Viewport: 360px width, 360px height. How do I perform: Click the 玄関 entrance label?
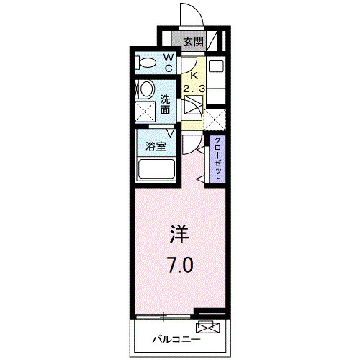(194, 42)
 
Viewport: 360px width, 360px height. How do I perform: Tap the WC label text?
(168, 63)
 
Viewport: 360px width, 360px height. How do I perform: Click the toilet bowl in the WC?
(145, 63)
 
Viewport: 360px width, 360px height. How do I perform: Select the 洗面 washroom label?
(165, 104)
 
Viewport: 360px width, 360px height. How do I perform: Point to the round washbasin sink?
(147, 89)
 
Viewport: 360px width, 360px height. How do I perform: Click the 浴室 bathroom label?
(156, 146)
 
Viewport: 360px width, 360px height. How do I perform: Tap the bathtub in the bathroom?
(156, 169)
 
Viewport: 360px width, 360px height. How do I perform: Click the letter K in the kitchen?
(194, 76)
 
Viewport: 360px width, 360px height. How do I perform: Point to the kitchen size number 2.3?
(194, 89)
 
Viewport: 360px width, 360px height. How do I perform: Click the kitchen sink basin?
(216, 66)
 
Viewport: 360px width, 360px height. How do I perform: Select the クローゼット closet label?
(217, 159)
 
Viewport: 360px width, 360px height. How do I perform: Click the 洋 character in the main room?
(180, 234)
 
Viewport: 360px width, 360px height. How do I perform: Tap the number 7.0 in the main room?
(181, 265)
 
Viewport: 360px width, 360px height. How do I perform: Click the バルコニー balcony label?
(176, 340)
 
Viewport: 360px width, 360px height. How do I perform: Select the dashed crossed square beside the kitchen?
(215, 120)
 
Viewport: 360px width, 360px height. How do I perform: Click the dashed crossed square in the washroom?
(145, 112)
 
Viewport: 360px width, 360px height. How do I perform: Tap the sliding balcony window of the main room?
(163, 316)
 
